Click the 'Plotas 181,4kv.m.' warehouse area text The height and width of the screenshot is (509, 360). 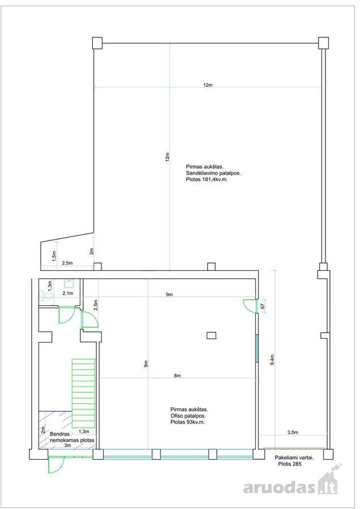[207, 179]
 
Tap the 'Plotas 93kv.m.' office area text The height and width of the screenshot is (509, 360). [188, 422]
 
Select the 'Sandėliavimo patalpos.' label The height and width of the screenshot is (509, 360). [213, 172]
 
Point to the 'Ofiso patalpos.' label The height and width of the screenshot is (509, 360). [188, 416]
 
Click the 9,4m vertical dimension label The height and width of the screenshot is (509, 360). [272, 359]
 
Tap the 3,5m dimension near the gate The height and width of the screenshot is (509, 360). [293, 433]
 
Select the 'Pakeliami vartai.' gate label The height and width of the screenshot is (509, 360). [294, 458]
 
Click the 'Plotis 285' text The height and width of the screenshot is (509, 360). [290, 464]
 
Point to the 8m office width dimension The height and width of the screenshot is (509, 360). [177, 376]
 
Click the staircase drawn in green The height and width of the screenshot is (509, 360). [84, 393]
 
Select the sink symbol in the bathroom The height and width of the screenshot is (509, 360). [69, 284]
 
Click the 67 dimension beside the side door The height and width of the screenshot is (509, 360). [263, 305]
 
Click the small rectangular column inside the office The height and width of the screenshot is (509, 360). [212, 335]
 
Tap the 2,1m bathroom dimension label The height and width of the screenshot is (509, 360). [67, 293]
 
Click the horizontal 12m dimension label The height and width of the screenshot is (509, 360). [208, 85]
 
